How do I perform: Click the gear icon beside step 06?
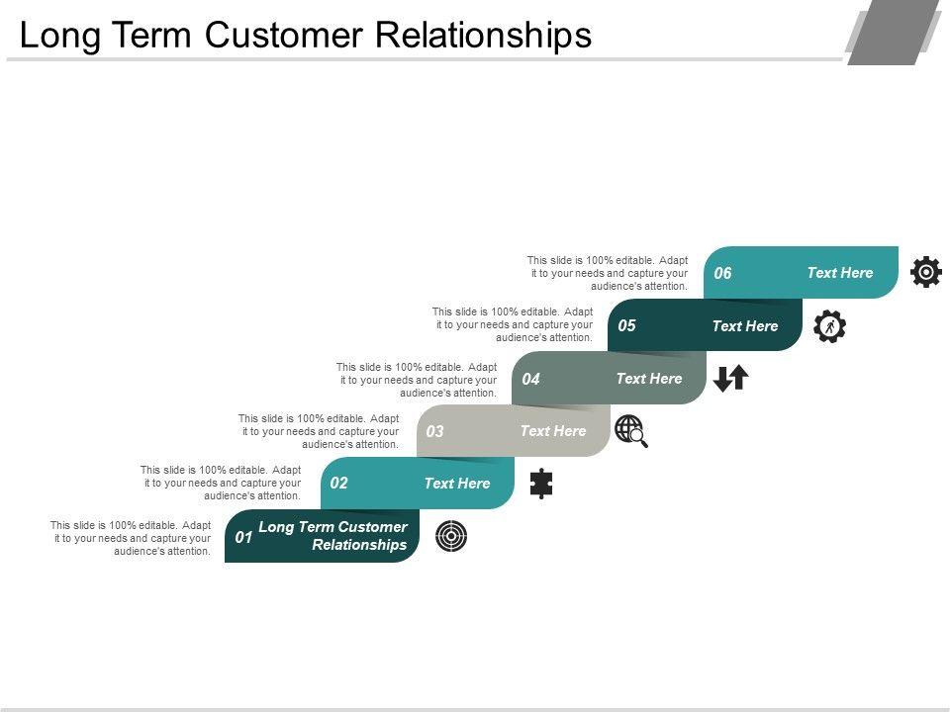[926, 272]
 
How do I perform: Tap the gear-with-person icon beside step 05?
[829, 326]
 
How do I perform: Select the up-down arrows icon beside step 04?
[730, 379]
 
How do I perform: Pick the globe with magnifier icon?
[631, 431]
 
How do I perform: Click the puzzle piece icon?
[541, 484]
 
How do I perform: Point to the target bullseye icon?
[451, 536]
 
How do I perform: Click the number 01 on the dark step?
[243, 537]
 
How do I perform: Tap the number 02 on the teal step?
[338, 484]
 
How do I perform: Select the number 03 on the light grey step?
[434, 431]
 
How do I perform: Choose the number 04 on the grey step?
[530, 379]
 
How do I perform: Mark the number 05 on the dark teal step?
[626, 325]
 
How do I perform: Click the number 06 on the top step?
[722, 273]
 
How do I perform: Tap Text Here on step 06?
[840, 273]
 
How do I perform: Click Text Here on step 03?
[552, 430]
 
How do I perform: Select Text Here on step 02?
[457, 484]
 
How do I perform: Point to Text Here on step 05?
[744, 325]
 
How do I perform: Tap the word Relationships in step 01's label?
[359, 545]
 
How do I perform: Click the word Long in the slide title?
[59, 37]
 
